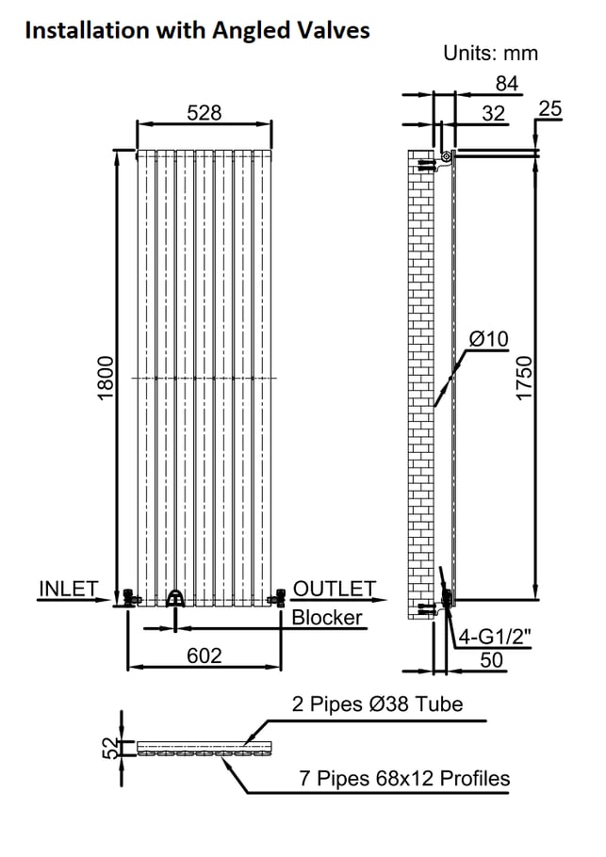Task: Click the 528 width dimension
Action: point(204,113)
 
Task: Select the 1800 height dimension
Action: point(106,378)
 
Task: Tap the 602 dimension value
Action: point(204,655)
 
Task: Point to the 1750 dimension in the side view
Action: point(524,378)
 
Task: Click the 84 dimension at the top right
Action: point(506,84)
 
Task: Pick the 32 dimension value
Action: point(493,114)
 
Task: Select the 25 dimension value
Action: point(549,108)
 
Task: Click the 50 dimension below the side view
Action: point(491,660)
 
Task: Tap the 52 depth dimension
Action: point(110,748)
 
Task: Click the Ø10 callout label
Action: point(489,339)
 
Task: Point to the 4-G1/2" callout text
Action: point(495,637)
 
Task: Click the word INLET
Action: point(69,589)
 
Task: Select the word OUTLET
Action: point(335,589)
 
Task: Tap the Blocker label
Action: point(326,618)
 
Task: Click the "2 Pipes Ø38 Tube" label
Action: point(377,704)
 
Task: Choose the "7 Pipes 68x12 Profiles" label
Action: point(404,778)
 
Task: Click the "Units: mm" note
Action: point(491,53)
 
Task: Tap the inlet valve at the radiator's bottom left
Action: point(130,598)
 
